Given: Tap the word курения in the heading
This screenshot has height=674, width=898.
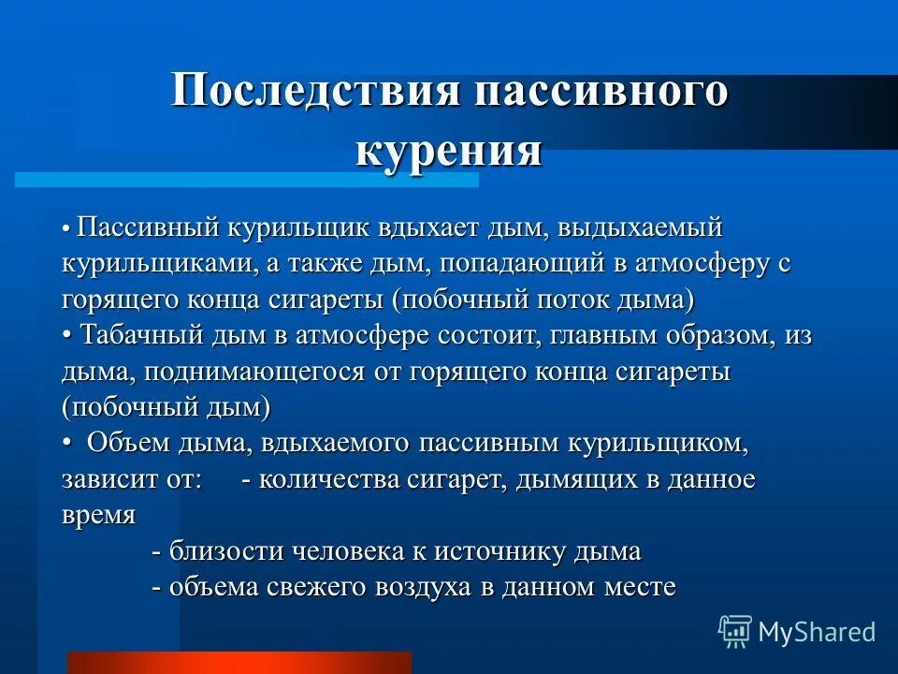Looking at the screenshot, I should click(x=449, y=150).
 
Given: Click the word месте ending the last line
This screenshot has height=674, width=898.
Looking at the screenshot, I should click(x=642, y=588).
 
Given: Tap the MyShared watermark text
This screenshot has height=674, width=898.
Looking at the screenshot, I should click(x=816, y=632).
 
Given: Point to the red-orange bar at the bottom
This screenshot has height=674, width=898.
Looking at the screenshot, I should click(x=239, y=663).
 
